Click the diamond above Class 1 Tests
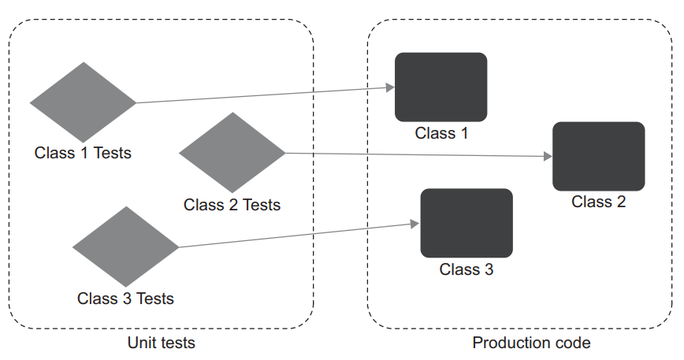click(83, 102)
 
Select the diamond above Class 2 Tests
click(232, 152)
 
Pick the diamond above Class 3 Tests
click(125, 247)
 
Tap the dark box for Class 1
click(441, 87)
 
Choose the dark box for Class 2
click(598, 156)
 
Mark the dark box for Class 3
click(466, 223)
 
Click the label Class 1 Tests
click(83, 153)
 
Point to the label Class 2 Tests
click(232, 205)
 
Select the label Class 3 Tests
click(125, 299)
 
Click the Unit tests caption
click(161, 343)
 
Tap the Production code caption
click(531, 343)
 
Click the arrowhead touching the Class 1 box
click(390, 87)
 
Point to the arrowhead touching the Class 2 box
click(548, 157)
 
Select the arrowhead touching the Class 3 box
click(415, 224)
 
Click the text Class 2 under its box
click(598, 202)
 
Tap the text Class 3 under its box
click(466, 269)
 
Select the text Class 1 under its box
click(441, 133)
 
